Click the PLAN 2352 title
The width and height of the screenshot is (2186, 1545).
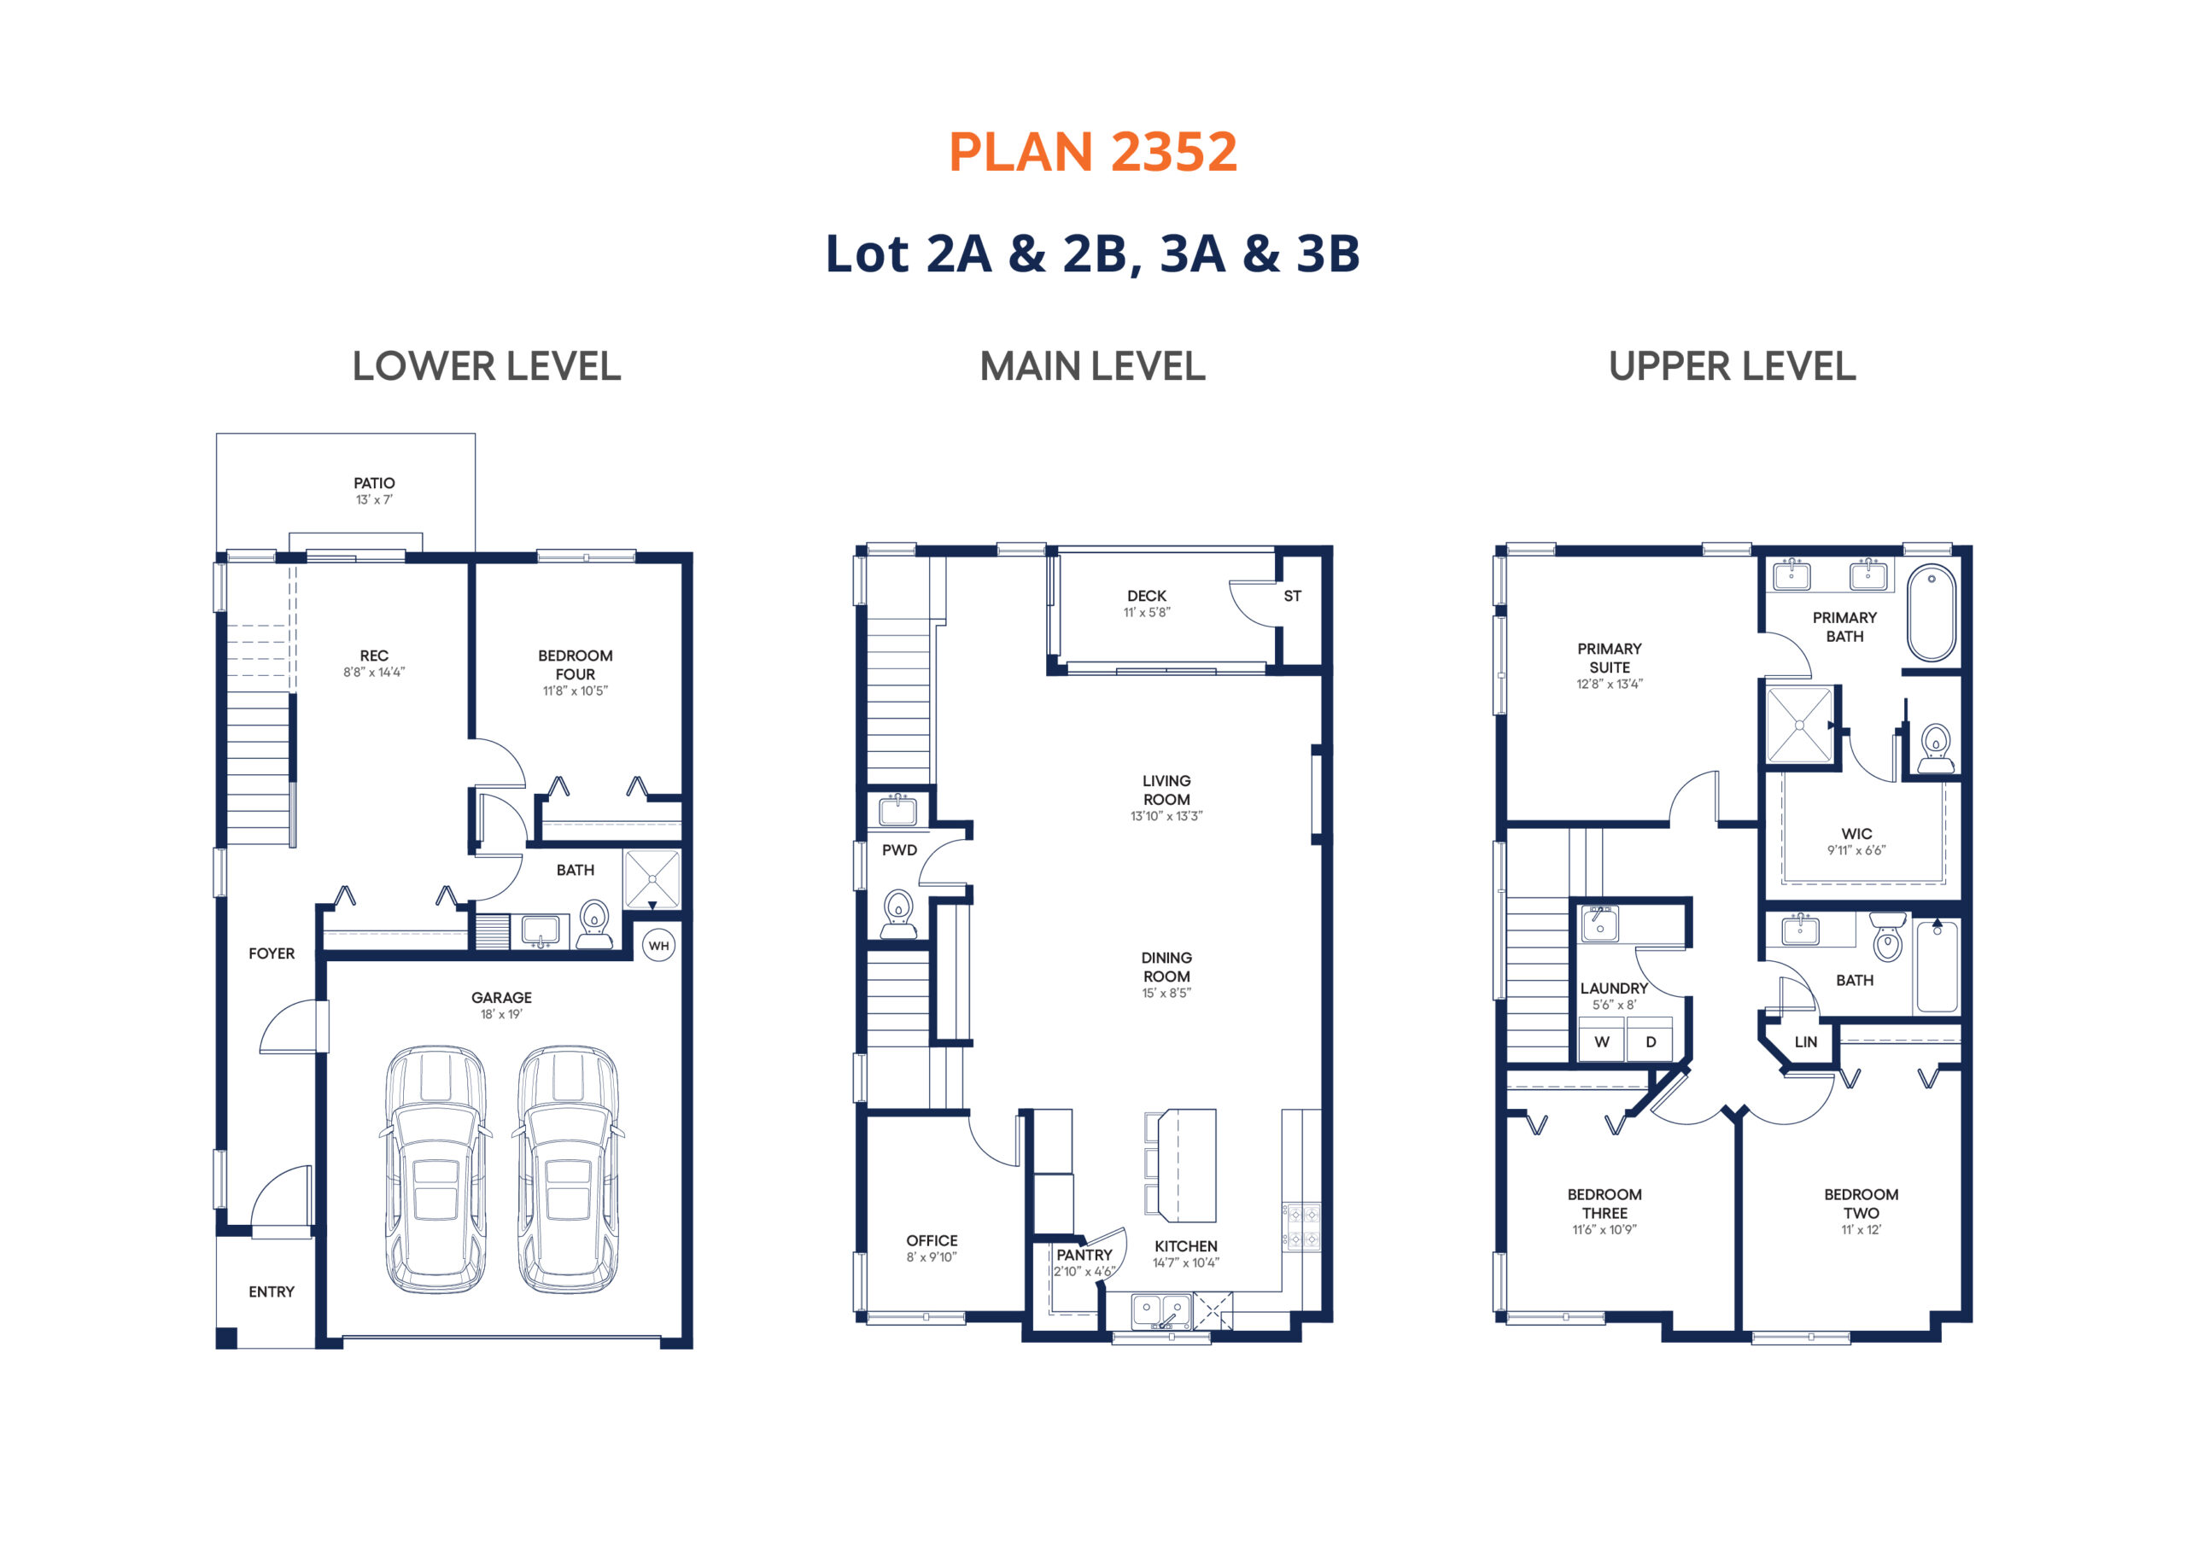coord(1092,152)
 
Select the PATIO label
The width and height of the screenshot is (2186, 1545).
coord(374,484)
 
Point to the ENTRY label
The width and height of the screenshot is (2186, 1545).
coord(272,1291)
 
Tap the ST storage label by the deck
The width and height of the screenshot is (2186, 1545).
coord(1292,596)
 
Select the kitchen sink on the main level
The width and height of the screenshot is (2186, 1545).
coord(1160,1311)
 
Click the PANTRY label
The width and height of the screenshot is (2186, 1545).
coord(1084,1255)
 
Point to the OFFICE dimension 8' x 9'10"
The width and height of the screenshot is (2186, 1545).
coord(931,1257)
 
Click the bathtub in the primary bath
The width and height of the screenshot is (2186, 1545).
coord(1932,613)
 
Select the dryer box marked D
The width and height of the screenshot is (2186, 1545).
coord(1650,1041)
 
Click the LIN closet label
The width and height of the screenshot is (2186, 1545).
coord(1805,1041)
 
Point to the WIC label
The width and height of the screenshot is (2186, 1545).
coord(1856,834)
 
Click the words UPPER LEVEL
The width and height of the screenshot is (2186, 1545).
coord(1732,366)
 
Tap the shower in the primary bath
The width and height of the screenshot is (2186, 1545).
coord(1799,726)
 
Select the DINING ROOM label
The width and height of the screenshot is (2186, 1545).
coord(1166,967)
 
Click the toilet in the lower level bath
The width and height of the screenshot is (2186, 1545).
coord(594,924)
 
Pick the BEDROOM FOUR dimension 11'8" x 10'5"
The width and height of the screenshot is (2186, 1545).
coord(575,691)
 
